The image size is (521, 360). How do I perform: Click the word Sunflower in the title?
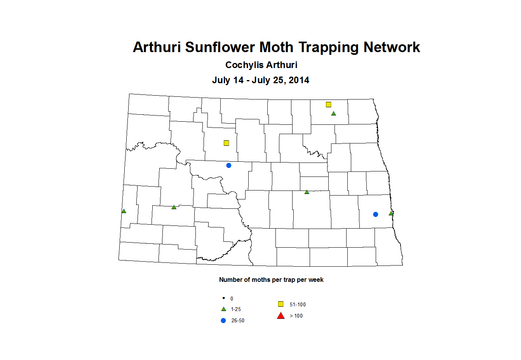(x=220, y=47)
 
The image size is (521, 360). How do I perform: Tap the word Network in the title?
(x=392, y=47)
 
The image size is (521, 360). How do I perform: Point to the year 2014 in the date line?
(x=299, y=80)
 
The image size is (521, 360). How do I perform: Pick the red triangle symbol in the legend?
(x=281, y=315)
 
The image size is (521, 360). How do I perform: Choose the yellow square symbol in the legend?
(x=281, y=304)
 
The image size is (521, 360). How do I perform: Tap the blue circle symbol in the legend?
(x=223, y=320)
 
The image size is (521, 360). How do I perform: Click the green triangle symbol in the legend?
(x=223, y=309)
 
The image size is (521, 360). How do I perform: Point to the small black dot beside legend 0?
(x=223, y=298)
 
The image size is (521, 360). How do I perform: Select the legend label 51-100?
(x=298, y=304)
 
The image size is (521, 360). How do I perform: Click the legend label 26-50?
(x=238, y=320)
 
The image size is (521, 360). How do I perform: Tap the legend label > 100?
(x=296, y=316)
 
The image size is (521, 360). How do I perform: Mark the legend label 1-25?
(x=236, y=309)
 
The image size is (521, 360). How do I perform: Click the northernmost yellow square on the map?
(x=328, y=105)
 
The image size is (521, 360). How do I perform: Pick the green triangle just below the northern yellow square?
(x=333, y=114)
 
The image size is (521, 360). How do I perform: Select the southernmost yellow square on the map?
(x=227, y=143)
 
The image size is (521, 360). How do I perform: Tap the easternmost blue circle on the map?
(x=375, y=214)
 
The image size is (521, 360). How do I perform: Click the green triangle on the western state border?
(x=124, y=211)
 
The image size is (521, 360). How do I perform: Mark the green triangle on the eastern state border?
(x=391, y=213)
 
